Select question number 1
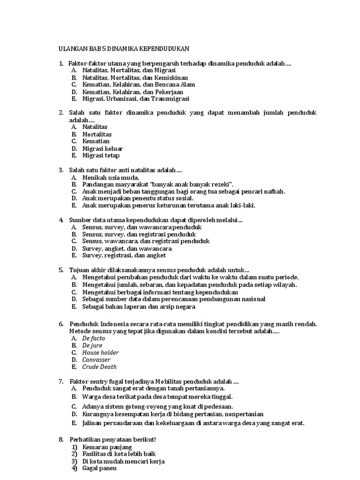point(60,63)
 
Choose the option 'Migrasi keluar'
point(102,149)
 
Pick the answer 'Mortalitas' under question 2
point(97,134)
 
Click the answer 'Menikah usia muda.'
point(110,178)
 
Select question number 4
point(60,220)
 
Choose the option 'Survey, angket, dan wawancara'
point(127,248)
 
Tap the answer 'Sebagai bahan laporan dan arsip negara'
point(139,307)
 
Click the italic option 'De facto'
point(93,338)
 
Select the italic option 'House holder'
point(100,352)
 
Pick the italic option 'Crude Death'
point(99,367)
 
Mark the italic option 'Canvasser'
point(96,360)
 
